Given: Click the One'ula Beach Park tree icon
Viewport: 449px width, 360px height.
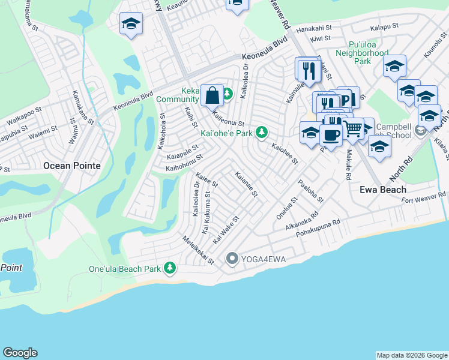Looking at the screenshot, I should [x=170, y=268].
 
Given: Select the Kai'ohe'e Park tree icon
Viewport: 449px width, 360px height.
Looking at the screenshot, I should [x=261, y=132].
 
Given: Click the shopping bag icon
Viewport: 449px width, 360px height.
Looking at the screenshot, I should [x=212, y=94].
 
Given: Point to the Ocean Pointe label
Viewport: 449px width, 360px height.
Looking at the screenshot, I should [x=71, y=165].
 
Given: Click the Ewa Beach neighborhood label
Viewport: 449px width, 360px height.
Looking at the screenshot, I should [x=383, y=190].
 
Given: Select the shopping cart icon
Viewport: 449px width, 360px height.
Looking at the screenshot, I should [x=352, y=127].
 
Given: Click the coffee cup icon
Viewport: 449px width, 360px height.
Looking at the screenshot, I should [x=330, y=134].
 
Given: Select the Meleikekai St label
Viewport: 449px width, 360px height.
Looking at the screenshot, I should [x=198, y=250].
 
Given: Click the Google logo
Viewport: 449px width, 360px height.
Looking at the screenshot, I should [x=20, y=353].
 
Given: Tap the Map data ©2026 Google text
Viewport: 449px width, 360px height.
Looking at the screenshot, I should [x=411, y=355].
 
